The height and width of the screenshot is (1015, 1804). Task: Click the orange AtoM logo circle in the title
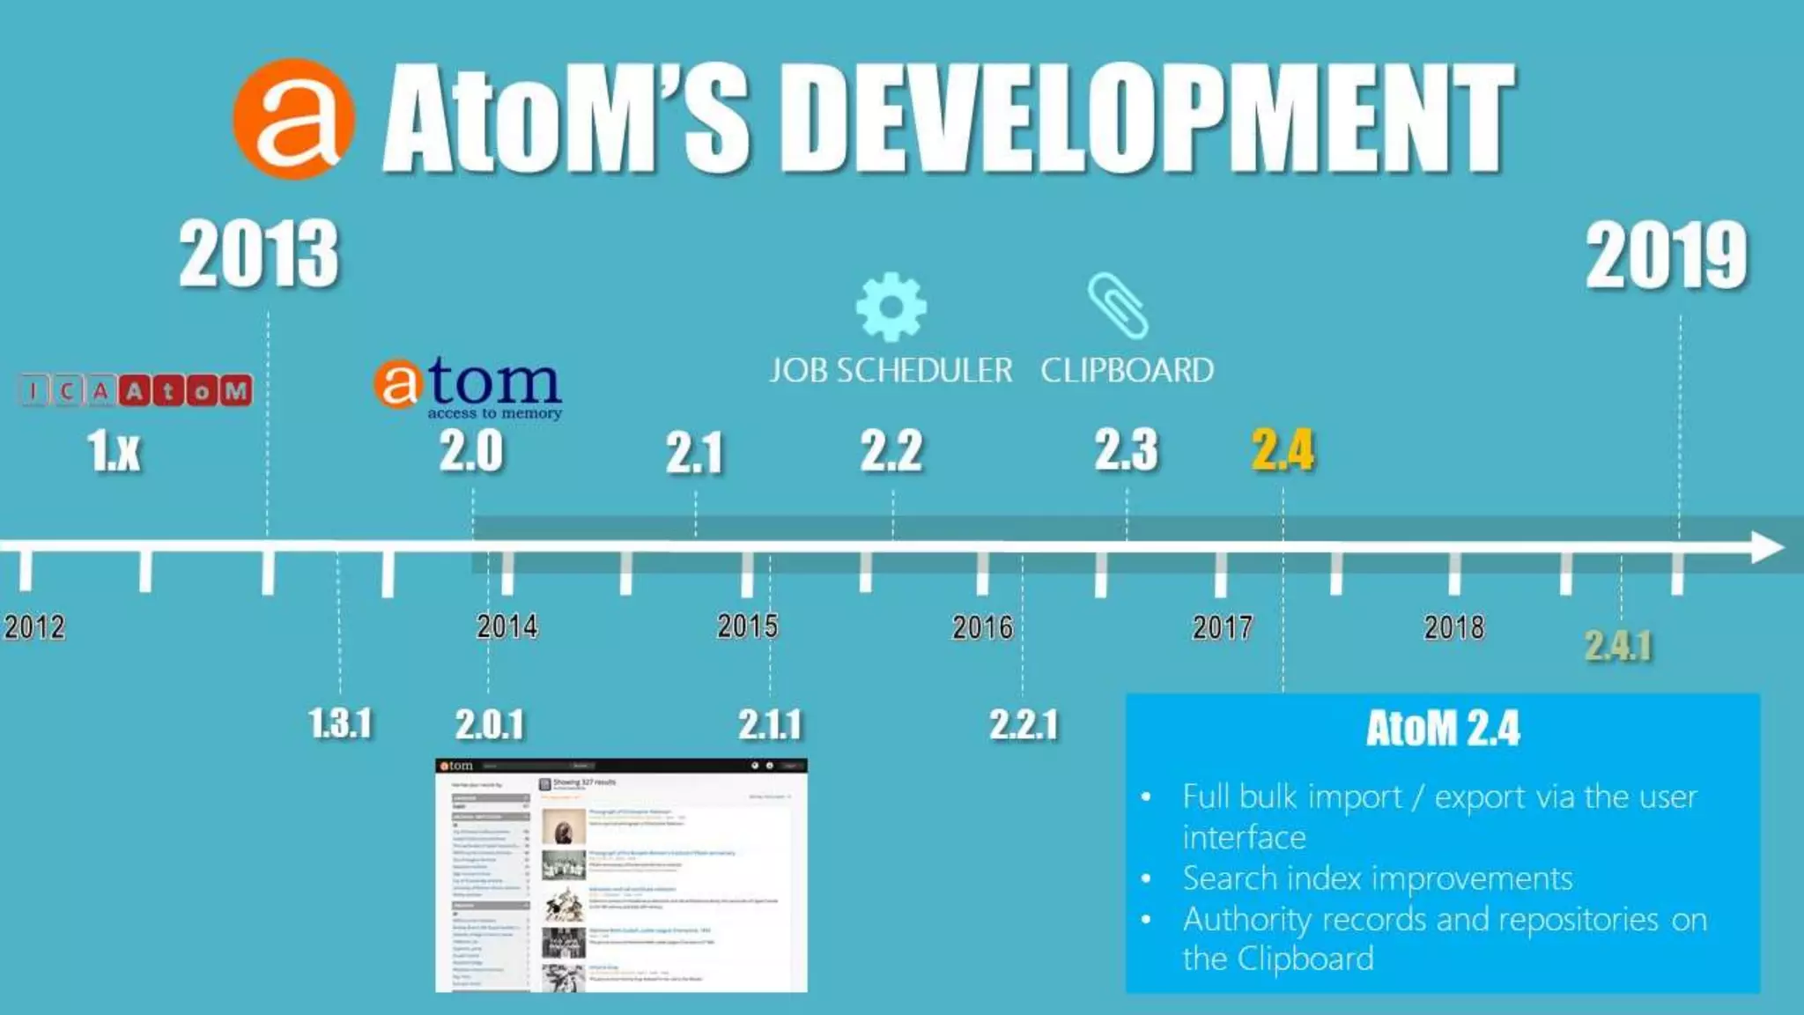tap(294, 119)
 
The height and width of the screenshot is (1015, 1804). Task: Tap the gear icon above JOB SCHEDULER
tap(891, 307)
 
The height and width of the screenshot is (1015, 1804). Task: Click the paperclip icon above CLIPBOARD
tap(1118, 305)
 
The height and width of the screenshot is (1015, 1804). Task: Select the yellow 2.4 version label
tap(1283, 450)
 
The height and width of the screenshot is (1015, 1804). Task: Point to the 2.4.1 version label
tap(1618, 646)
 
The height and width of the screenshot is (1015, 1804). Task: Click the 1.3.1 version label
tap(340, 723)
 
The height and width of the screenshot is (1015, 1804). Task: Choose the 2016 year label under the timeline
tap(982, 627)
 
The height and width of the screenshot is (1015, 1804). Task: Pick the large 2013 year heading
tap(259, 255)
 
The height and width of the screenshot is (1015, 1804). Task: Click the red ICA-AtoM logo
tap(136, 390)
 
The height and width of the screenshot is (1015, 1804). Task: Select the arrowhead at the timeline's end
tap(1766, 547)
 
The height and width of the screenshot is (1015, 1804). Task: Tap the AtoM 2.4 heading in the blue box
tap(1443, 729)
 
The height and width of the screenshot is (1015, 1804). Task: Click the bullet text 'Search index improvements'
tap(1377, 878)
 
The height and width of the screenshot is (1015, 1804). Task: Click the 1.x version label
tap(115, 451)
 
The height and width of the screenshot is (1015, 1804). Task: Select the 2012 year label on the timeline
tap(34, 627)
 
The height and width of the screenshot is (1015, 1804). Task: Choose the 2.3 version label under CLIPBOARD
tap(1126, 450)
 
